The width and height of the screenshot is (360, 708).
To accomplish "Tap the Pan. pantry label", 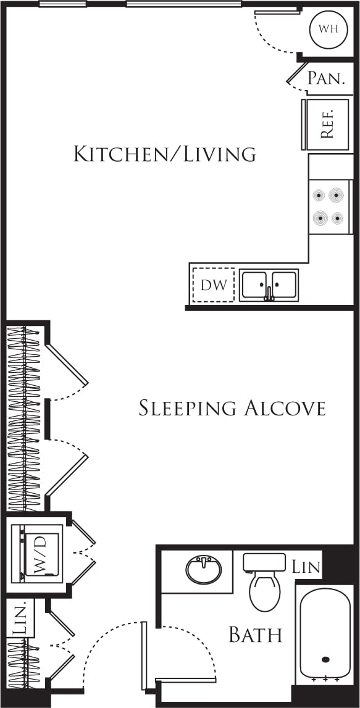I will [325, 78].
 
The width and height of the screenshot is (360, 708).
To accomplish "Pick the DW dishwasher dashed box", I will [214, 285].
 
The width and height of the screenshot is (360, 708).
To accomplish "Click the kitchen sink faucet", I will [269, 293].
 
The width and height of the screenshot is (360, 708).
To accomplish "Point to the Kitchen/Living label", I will [164, 153].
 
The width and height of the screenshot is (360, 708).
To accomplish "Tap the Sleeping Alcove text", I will [232, 408].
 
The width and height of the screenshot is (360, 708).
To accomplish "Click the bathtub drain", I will [325, 659].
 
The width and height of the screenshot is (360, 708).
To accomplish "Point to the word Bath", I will [255, 635].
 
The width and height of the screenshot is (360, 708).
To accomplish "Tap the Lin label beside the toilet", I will [306, 567].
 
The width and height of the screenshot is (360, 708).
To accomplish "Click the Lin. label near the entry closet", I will [20, 618].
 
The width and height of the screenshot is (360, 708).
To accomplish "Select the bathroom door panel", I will [144, 656].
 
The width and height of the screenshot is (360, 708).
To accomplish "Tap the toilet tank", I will [264, 562].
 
